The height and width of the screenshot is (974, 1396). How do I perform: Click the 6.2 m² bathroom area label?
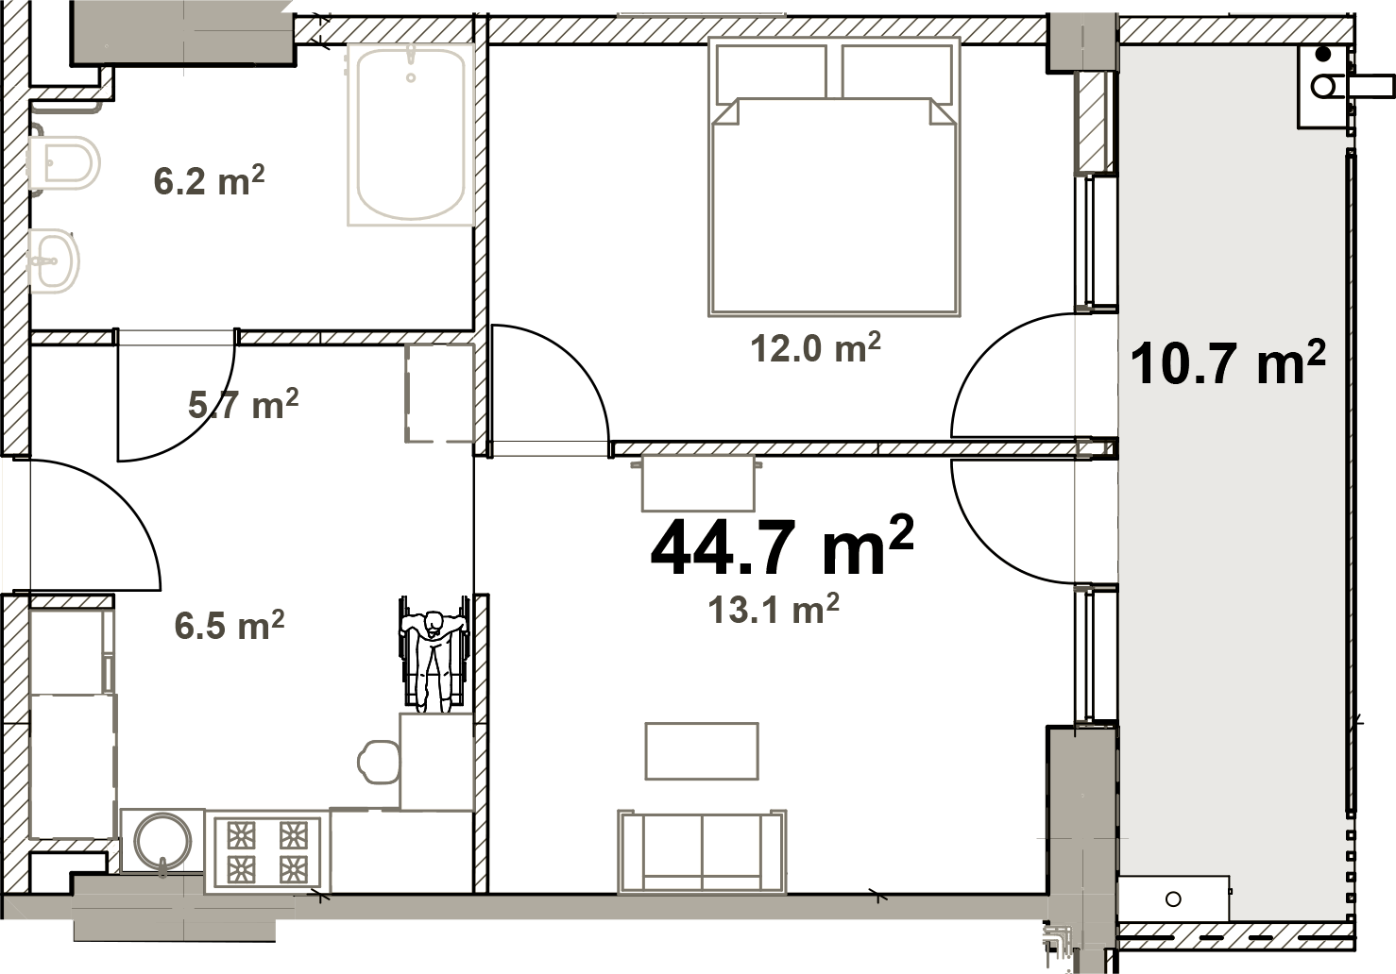click(209, 180)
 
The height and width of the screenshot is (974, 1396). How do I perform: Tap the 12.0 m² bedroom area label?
click(815, 347)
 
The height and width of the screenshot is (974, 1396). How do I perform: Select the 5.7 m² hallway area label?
click(243, 404)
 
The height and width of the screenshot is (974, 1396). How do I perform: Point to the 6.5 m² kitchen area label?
click(230, 625)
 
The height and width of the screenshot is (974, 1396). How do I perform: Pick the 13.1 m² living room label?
click(774, 609)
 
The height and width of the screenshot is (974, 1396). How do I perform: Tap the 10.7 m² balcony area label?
click(1228, 362)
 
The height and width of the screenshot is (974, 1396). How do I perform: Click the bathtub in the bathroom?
click(411, 135)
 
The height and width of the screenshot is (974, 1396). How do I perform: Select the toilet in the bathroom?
click(63, 162)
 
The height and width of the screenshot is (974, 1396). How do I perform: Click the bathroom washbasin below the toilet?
click(54, 260)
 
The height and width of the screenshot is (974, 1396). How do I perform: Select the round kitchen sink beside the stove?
click(163, 842)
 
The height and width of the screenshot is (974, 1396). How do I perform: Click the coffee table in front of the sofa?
click(702, 751)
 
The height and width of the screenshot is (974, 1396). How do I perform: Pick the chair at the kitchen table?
click(379, 762)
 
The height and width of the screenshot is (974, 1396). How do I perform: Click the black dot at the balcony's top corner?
click(1323, 55)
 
